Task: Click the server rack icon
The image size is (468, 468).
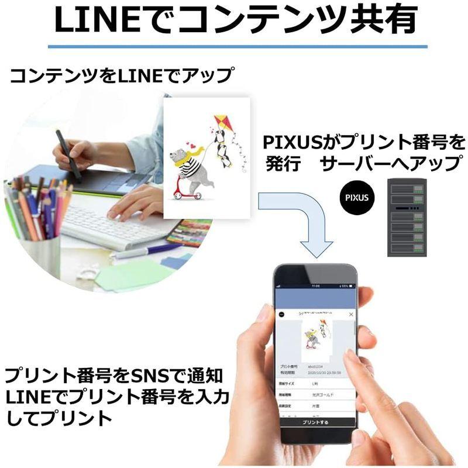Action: [407, 217]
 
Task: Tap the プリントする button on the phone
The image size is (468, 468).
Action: [316, 422]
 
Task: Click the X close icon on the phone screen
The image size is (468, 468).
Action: [350, 314]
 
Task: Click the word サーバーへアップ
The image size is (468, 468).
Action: [391, 164]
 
